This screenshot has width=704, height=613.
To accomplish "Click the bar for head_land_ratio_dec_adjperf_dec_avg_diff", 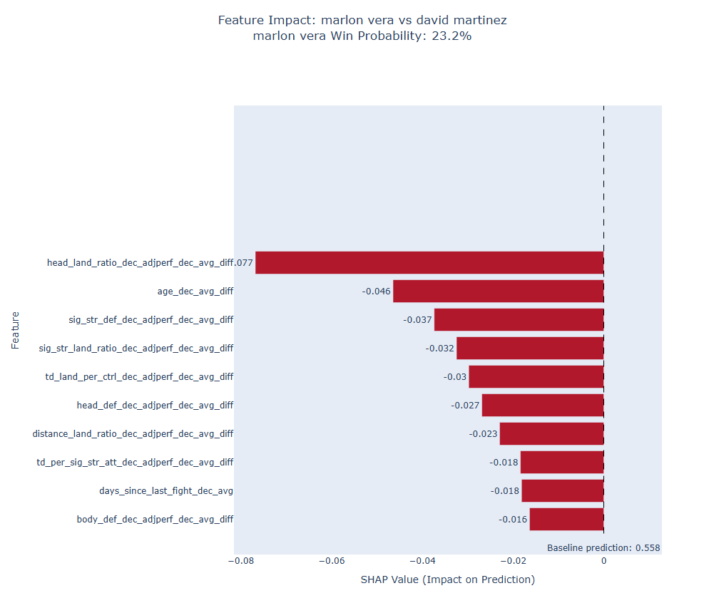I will (429, 262).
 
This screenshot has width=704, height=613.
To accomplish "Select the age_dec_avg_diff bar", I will (498, 291).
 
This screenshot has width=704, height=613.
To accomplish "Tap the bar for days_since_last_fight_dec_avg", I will (562, 490).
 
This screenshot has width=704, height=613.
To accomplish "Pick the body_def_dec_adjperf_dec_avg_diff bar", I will (566, 519).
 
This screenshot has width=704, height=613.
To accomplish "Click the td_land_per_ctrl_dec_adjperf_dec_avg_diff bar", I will (536, 376).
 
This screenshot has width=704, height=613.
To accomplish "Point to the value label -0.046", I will (376, 292).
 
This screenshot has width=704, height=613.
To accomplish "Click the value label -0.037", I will (417, 320).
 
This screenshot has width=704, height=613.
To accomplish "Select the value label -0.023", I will (483, 434).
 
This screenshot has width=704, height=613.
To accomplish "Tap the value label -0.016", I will (513, 520).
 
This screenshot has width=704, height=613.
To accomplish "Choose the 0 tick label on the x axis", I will (603, 561).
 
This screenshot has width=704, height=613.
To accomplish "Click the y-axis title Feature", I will (15, 330).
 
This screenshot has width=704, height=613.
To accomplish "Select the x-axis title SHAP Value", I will (447, 579).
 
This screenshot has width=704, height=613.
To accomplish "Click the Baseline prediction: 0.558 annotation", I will (603, 548).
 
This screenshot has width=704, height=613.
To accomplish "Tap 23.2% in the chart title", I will (452, 36).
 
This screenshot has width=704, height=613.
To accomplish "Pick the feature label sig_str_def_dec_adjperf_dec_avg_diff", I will (151, 320).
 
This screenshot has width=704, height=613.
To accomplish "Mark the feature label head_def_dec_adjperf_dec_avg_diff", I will (155, 406).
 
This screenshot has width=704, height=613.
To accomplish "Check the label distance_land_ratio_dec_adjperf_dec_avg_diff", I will (133, 434).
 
